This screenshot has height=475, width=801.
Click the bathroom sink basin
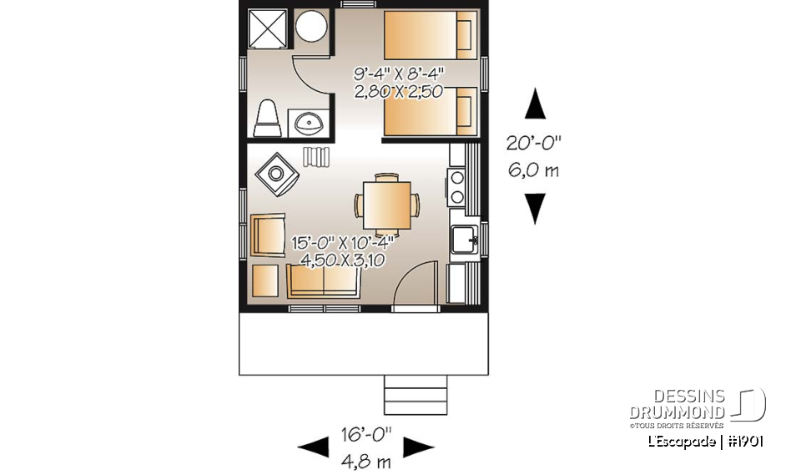point(309,124)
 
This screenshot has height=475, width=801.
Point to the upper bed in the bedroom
point(427,34)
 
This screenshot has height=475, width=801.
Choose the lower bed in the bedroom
point(427,112)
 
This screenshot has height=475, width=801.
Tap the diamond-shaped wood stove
point(275,174)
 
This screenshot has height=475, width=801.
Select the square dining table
point(387,204)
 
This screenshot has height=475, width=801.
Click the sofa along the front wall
point(324,281)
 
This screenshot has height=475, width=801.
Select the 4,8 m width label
point(368,460)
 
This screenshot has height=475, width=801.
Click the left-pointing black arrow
point(314,448)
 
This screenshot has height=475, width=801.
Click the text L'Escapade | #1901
point(704,441)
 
